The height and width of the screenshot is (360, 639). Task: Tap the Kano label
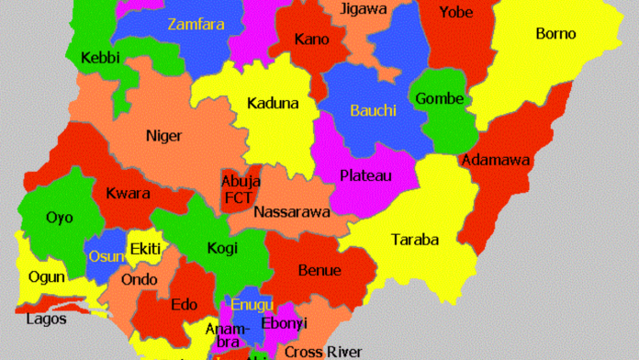pyautogui.click(x=312, y=39)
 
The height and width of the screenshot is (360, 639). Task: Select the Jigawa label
pyautogui.click(x=364, y=9)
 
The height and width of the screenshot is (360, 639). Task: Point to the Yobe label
pyautogui.click(x=455, y=12)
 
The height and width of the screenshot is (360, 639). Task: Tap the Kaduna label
pyautogui.click(x=273, y=103)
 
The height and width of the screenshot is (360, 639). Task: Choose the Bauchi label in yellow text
pyautogui.click(x=373, y=110)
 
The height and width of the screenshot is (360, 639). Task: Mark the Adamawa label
pyautogui.click(x=497, y=160)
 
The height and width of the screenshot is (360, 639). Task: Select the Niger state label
pyautogui.click(x=163, y=136)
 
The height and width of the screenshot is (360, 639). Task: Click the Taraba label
pyautogui.click(x=415, y=241)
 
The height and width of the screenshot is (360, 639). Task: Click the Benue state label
pyautogui.click(x=319, y=270)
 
